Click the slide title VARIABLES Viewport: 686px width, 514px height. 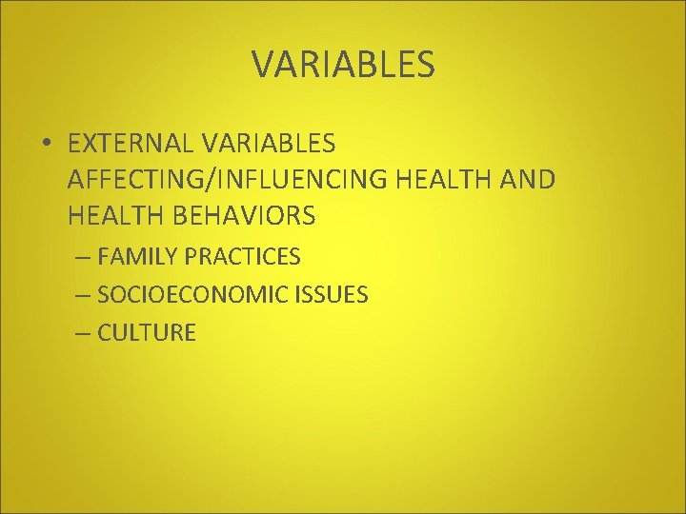pyautogui.click(x=343, y=64)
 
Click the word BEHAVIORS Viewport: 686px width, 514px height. pyautogui.click(x=244, y=217)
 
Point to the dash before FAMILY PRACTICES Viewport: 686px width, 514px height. pyautogui.click(x=84, y=257)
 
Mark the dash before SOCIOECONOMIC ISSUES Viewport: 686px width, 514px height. pyautogui.click(x=84, y=295)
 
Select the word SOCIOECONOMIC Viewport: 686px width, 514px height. pyautogui.click(x=191, y=295)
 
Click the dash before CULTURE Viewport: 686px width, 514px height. pyautogui.click(x=84, y=333)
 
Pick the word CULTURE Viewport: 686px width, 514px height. pyautogui.click(x=147, y=333)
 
